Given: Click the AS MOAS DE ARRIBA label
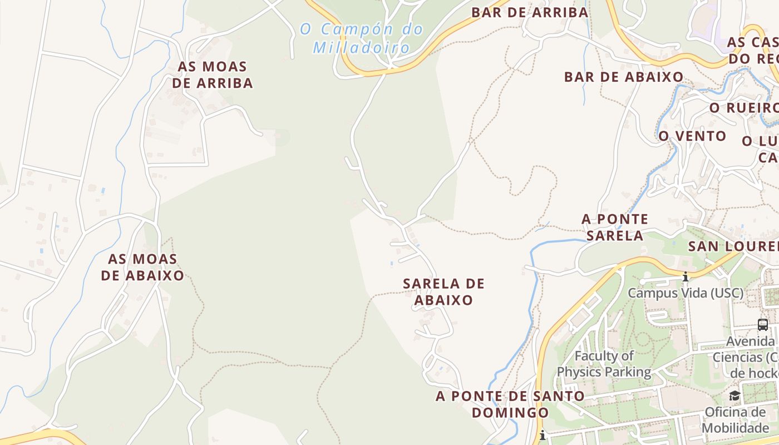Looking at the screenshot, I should (212, 75).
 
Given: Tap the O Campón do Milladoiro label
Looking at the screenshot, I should (362, 38).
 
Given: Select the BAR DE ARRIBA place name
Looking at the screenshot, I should (530, 12).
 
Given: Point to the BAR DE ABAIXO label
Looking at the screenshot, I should (624, 77).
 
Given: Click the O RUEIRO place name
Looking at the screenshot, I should (743, 108).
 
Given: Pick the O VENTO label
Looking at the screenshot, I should (692, 136).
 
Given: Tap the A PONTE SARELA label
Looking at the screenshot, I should (615, 227).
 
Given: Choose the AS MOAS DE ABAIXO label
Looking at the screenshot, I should (142, 267).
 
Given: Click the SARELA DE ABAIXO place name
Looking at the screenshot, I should (443, 291).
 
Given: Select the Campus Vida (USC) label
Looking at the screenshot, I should (686, 293).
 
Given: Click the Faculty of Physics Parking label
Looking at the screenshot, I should (604, 364).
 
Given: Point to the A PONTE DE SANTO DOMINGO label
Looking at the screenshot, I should (510, 404).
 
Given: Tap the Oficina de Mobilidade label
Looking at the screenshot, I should (735, 420).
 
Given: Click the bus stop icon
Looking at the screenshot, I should (762, 324).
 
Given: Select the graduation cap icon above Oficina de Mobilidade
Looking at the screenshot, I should (734, 395).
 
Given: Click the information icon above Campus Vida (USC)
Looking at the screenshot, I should (686, 276).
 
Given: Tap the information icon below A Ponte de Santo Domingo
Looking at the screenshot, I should (543, 435).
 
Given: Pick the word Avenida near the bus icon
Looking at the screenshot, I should (751, 341).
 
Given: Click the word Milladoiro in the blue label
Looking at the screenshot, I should (362, 48).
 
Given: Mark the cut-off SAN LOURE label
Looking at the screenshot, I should (733, 246).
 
